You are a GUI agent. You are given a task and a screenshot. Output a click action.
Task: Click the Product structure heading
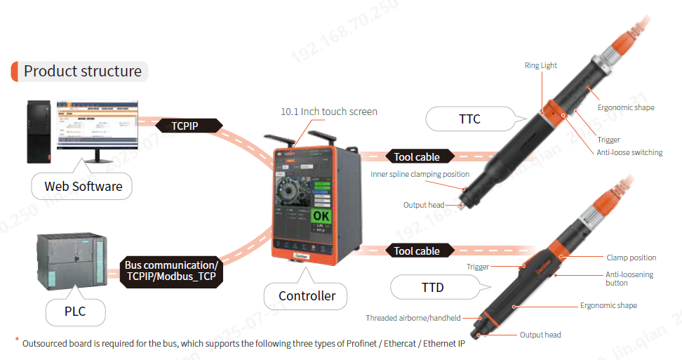pyautogui.click(x=82, y=71)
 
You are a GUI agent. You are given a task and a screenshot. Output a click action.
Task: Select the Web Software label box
pyautogui.click(x=83, y=186)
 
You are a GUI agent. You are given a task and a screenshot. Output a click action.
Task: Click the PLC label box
pyautogui.click(x=75, y=310)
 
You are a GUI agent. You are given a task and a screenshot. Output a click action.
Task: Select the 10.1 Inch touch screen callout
pyautogui.click(x=328, y=112)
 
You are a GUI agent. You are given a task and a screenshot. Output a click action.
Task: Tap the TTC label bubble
pyautogui.click(x=469, y=119)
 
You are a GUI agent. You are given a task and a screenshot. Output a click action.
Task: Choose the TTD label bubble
pyautogui.click(x=432, y=287)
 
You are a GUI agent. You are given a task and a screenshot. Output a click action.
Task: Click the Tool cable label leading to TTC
pyautogui.click(x=417, y=156)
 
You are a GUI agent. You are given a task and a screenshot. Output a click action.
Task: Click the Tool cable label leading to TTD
pyautogui.click(x=417, y=251)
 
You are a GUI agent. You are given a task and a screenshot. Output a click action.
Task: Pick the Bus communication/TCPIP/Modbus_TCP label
pyautogui.click(x=171, y=271)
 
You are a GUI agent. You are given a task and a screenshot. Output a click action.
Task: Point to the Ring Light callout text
pyautogui.click(x=540, y=65)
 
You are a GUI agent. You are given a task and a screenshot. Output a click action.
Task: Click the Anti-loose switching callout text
pyautogui.click(x=629, y=152)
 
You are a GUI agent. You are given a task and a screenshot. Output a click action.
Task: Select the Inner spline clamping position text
pyautogui.click(x=420, y=174)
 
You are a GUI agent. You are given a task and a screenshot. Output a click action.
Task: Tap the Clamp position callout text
pyautogui.click(x=631, y=258)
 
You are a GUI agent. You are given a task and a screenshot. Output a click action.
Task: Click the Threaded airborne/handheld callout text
pyautogui.click(x=413, y=318)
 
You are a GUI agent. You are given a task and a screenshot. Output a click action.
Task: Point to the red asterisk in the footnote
pyautogui.click(x=17, y=340)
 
